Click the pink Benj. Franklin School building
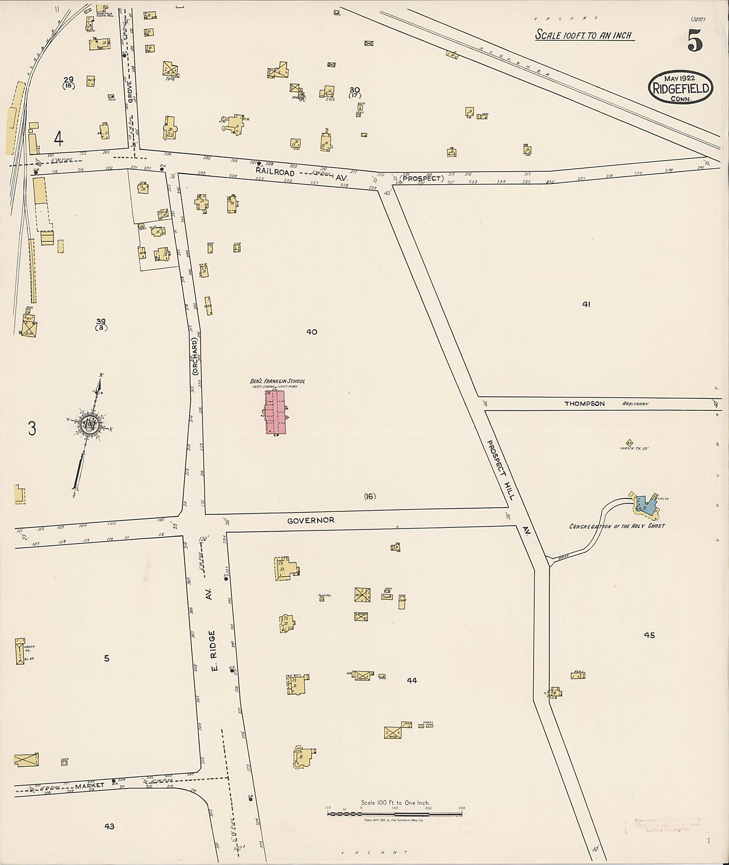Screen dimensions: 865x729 pyautogui.click(x=276, y=412)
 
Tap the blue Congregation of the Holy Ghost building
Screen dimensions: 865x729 pyautogui.click(x=646, y=506)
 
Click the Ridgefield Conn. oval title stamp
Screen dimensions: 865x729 pyautogui.click(x=681, y=88)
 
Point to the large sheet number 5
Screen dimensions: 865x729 pyautogui.click(x=695, y=41)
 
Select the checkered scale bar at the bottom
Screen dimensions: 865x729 pyautogui.click(x=395, y=812)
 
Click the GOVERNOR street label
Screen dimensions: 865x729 pyautogui.click(x=311, y=520)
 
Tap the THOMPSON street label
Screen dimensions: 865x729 pyautogui.click(x=585, y=404)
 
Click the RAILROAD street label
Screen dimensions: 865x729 pyautogui.click(x=275, y=172)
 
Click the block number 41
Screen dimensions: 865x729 pyautogui.click(x=586, y=304)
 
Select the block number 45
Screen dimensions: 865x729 pyautogui.click(x=649, y=635)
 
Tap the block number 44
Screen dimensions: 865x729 pyautogui.click(x=412, y=680)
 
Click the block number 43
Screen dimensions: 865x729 pyautogui.click(x=109, y=826)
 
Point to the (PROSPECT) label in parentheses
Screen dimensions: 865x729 pyautogui.click(x=422, y=178)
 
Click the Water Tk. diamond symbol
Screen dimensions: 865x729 pyautogui.click(x=629, y=442)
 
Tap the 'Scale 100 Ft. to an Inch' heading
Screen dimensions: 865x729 pyautogui.click(x=583, y=35)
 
